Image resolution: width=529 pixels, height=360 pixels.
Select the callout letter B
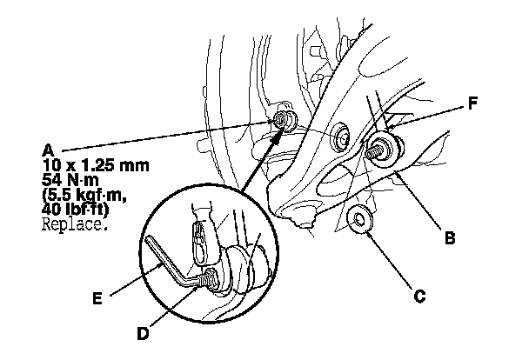(x=448, y=235)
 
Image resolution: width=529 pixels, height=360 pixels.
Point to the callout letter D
(x=142, y=331)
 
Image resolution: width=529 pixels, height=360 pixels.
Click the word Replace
(x=74, y=223)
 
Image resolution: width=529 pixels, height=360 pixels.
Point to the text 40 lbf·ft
(x=79, y=209)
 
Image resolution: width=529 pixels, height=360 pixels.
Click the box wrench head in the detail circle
(x=201, y=233)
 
